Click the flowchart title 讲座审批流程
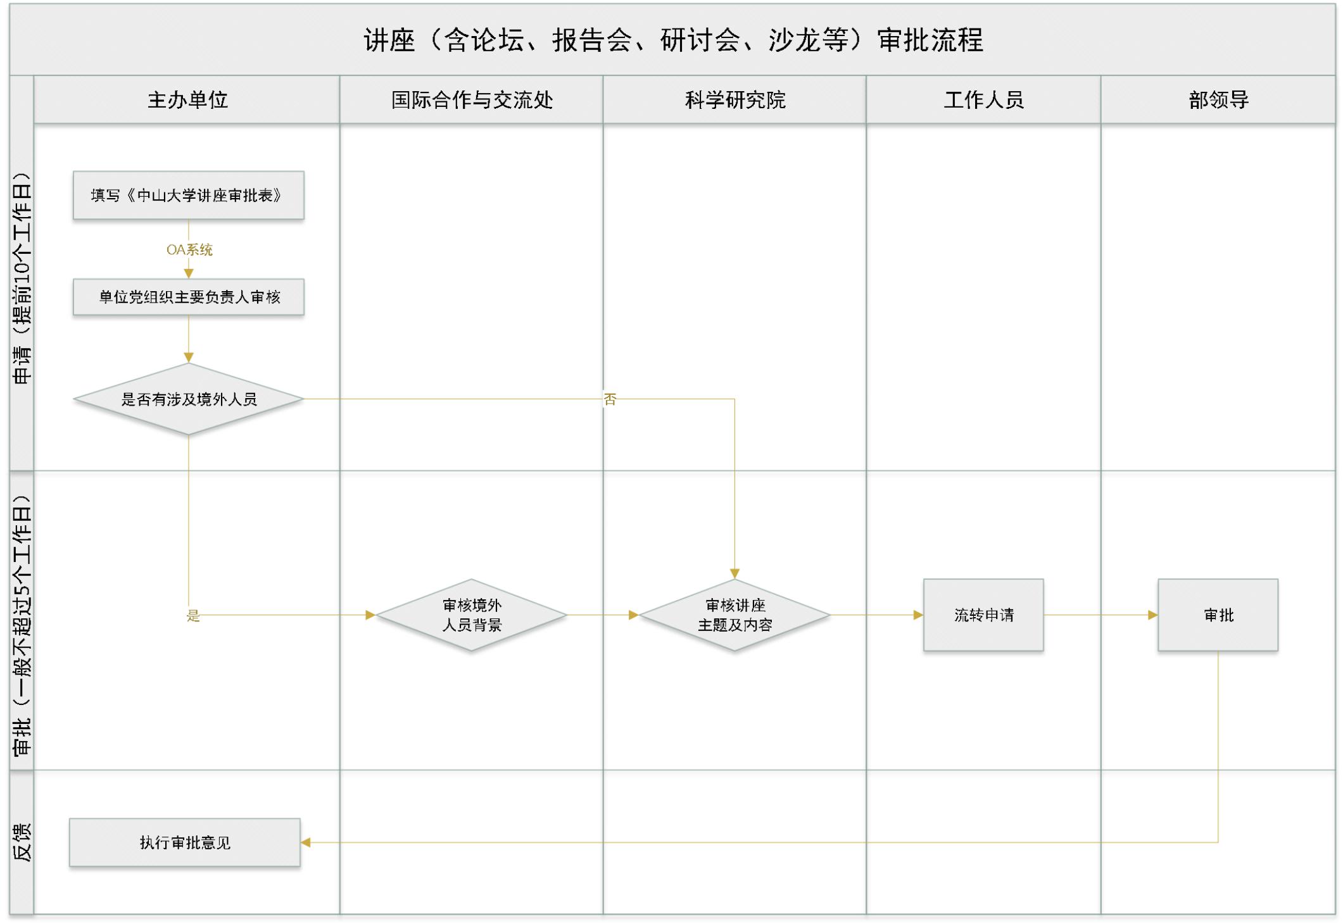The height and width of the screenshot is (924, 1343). pyautogui.click(x=673, y=41)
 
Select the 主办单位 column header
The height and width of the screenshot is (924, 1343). pyautogui.click(x=187, y=100)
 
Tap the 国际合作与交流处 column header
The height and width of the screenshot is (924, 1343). pyautogui.click(x=472, y=100)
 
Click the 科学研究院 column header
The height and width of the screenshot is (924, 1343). pyautogui.click(x=735, y=100)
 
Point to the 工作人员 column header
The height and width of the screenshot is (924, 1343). pyautogui.click(x=983, y=100)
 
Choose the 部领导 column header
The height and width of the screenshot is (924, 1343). pyautogui.click(x=1218, y=100)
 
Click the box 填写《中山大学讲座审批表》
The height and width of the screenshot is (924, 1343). pyautogui.click(x=189, y=196)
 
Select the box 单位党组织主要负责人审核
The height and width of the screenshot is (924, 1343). pyautogui.click(x=189, y=297)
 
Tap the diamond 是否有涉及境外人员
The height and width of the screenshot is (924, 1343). pyautogui.click(x=189, y=399)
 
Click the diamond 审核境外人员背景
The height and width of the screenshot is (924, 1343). pyautogui.click(x=472, y=615)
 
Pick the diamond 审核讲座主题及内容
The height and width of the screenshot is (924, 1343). pyautogui.click(x=735, y=615)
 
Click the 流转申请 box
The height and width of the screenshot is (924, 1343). pyautogui.click(x=983, y=615)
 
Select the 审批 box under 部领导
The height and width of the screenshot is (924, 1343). pyautogui.click(x=1218, y=615)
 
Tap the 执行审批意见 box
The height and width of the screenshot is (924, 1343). pyautogui.click(x=185, y=842)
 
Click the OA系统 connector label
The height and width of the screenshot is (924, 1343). pyautogui.click(x=189, y=249)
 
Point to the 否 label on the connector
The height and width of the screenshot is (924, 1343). pyautogui.click(x=610, y=399)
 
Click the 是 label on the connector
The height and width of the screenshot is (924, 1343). pyautogui.click(x=193, y=615)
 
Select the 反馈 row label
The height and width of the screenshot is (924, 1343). pyautogui.click(x=22, y=842)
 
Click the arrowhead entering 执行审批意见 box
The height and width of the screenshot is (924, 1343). pyautogui.click(x=306, y=842)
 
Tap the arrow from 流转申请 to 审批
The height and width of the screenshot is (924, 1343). pyautogui.click(x=1100, y=615)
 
